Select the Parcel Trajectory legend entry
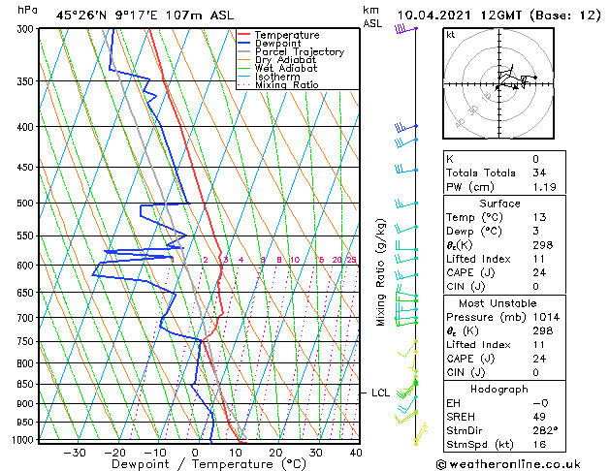pyautogui.click(x=299, y=52)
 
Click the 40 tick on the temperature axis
pyautogui.click(x=356, y=453)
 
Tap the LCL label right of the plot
pyautogui.click(x=380, y=392)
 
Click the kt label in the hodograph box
pyautogui.click(x=451, y=34)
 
